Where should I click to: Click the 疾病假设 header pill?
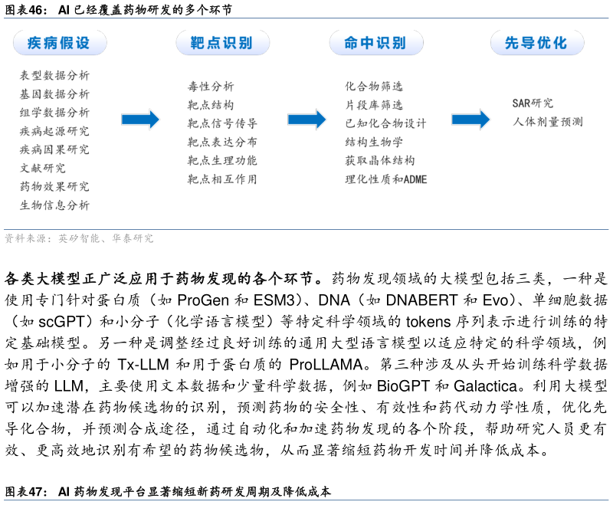pyautogui.click(x=60, y=43)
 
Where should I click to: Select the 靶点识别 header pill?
pyautogui.click(x=222, y=43)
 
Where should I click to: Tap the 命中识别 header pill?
pyautogui.click(x=375, y=43)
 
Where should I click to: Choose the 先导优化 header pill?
pyautogui.click(x=536, y=43)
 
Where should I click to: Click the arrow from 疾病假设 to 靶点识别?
pyautogui.click(x=140, y=120)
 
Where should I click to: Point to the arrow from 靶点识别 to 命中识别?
pyautogui.click(x=306, y=120)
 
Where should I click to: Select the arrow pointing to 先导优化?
pyautogui.click(x=470, y=120)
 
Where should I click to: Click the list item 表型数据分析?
pyautogui.click(x=54, y=76)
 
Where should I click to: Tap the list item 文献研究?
pyautogui.click(x=42, y=168)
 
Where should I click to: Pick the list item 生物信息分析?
pyautogui.click(x=54, y=205)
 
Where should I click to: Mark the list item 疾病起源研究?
pyautogui.click(x=54, y=131)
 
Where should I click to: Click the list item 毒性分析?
pyautogui.click(x=211, y=87)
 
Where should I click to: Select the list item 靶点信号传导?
pyautogui.click(x=222, y=123)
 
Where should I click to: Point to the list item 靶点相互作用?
pyautogui.click(x=222, y=179)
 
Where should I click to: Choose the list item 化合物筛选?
pyautogui.click(x=373, y=87)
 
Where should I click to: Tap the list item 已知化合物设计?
pyautogui.click(x=385, y=123)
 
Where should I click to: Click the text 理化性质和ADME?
pyautogui.click(x=385, y=179)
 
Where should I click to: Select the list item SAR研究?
pyautogui.click(x=533, y=103)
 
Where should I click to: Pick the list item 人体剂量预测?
pyautogui.click(x=547, y=122)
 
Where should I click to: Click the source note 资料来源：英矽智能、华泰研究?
pyautogui.click(x=79, y=239)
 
